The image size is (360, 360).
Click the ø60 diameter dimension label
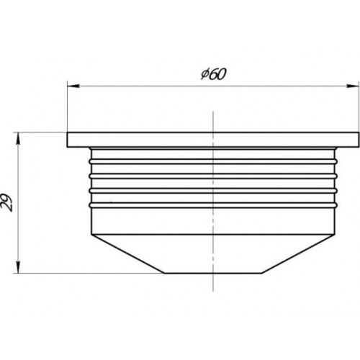click(x=213, y=74)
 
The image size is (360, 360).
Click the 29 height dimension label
click(x=7, y=202)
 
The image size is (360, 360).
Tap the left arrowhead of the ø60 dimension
click(x=73, y=86)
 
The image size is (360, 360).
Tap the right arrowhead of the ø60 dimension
click(x=353, y=86)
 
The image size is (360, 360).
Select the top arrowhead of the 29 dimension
click(x=18, y=138)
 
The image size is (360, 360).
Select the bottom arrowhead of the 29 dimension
click(x=18, y=267)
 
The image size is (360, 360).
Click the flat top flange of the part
click(x=213, y=140)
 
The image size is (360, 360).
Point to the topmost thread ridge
click(x=213, y=161)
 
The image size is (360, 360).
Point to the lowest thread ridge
click(x=213, y=205)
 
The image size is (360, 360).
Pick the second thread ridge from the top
click(x=213, y=176)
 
